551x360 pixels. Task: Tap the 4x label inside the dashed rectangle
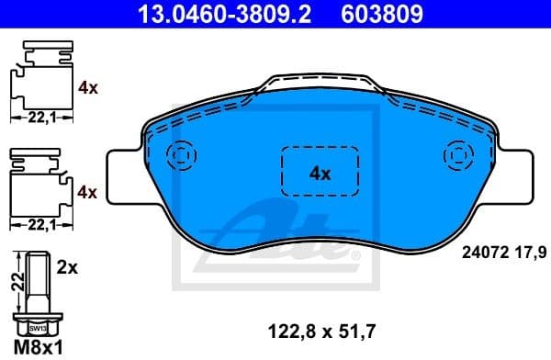click(319, 172)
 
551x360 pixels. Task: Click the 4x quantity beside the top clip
click(88, 89)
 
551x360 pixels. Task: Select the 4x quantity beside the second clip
click(88, 192)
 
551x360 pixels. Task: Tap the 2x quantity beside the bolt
click(67, 270)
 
